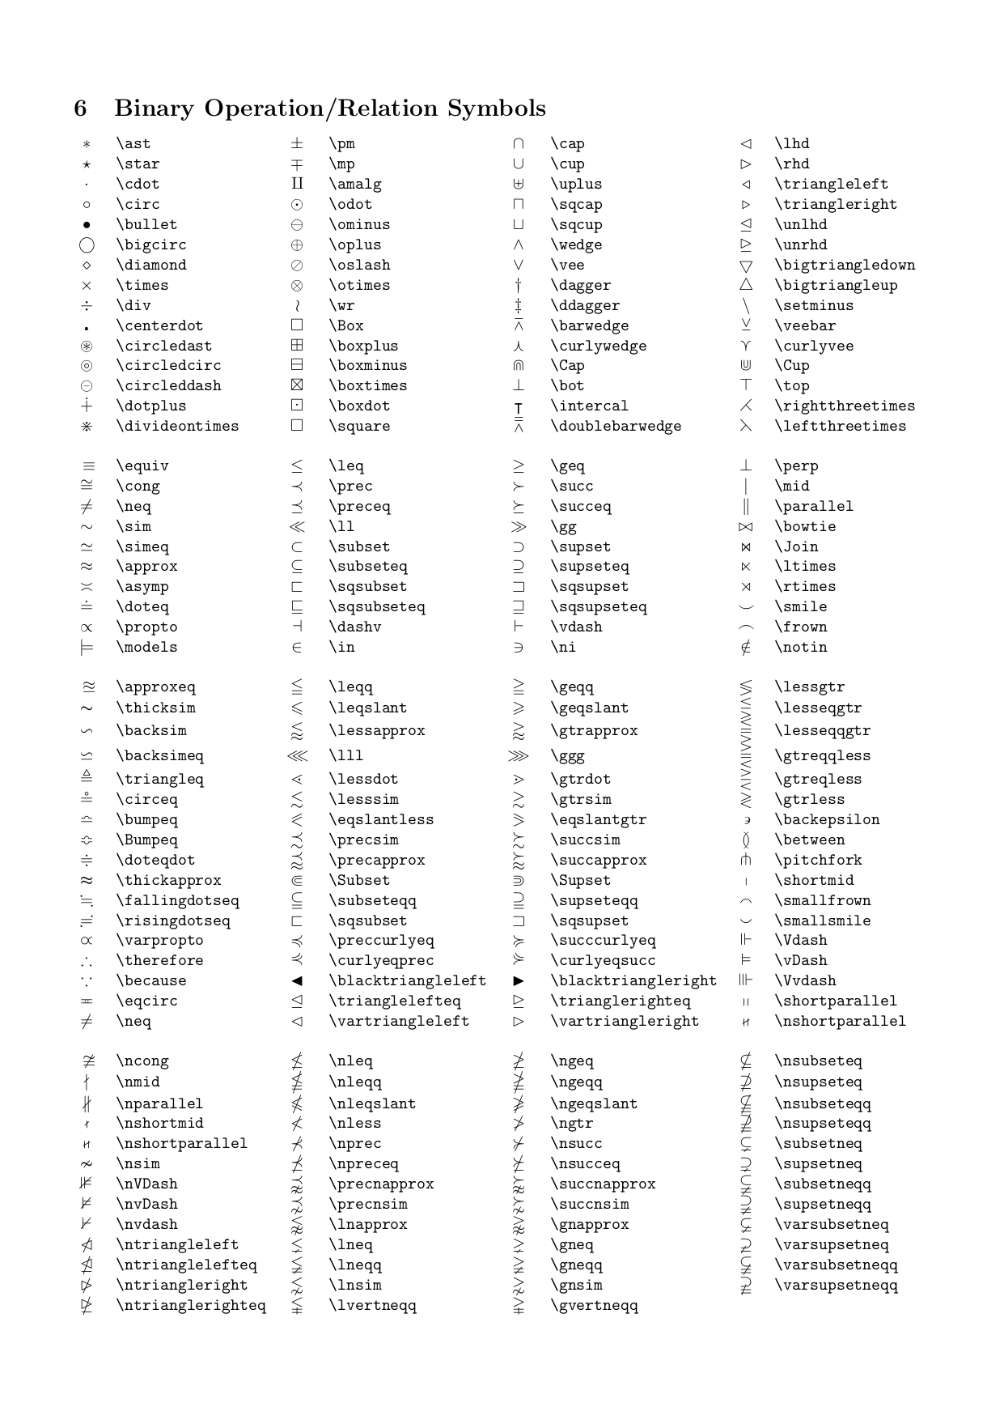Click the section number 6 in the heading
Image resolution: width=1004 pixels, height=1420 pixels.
pos(80,108)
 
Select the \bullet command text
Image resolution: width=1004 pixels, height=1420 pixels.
pos(146,224)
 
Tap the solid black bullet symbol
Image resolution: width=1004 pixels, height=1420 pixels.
pos(87,225)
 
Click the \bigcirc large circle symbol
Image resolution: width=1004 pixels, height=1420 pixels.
pos(87,245)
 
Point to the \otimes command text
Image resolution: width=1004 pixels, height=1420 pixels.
pos(359,285)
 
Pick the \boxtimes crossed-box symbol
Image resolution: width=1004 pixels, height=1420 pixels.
pos(297,385)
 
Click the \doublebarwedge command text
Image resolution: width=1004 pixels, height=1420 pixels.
pos(616,426)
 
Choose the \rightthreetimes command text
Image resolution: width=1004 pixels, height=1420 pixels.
pos(845,406)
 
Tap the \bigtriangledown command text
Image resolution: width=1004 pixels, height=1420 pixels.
pos(845,265)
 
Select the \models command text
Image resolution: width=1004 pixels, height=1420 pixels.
pos(146,647)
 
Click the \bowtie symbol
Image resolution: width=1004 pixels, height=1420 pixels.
pos(746,527)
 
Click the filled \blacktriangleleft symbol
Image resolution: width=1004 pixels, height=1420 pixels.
pos(297,981)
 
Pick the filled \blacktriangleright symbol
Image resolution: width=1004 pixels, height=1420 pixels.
pos(519,981)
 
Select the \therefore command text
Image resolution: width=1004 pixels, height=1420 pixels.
pos(159,960)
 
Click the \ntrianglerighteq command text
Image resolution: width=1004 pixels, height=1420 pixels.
pos(191,1305)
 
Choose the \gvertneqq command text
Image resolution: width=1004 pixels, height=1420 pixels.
pos(594,1305)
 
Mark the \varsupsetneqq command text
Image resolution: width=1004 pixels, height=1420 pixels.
pos(836,1285)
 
